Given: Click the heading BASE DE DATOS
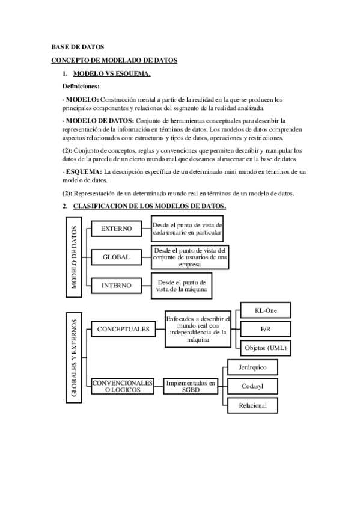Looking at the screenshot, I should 78,46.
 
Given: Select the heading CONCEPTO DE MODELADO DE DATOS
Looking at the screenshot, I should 114,60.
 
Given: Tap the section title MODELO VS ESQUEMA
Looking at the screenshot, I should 111,74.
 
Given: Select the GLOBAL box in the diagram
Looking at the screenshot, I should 117,257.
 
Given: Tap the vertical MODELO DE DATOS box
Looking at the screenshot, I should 75,257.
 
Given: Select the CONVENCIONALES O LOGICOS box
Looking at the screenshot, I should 122,386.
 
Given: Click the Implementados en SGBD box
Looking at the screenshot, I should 191,386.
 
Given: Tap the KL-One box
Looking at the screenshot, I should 266,310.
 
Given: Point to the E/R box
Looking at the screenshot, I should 266,329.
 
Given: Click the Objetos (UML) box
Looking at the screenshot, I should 266,348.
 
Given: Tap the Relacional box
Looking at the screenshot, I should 252,405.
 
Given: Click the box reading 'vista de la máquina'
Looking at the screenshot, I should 182,286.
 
